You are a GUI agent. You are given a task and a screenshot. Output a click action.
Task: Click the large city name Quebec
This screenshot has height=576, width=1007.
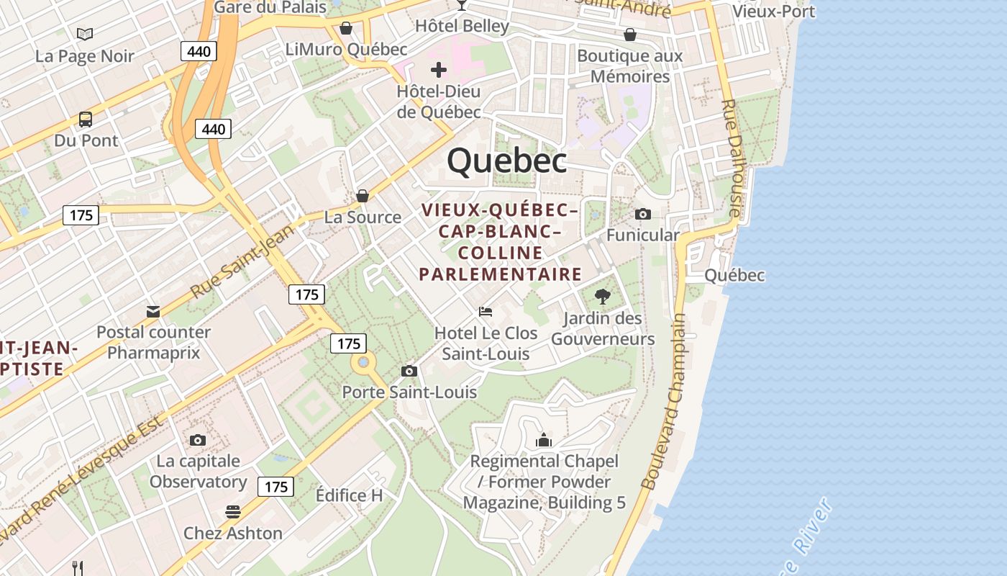click(506, 161)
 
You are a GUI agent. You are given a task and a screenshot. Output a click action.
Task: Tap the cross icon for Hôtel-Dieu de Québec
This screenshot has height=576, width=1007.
click(439, 70)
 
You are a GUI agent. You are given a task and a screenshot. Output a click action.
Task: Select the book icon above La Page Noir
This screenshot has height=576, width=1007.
click(85, 34)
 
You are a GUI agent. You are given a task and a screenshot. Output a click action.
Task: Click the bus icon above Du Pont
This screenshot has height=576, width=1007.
click(86, 119)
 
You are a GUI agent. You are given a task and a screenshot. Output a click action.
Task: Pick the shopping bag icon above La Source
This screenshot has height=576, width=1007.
click(363, 196)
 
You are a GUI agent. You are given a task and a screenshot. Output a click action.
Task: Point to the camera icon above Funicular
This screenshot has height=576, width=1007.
click(643, 214)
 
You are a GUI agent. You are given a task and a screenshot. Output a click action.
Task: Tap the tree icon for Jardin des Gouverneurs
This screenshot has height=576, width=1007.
click(603, 296)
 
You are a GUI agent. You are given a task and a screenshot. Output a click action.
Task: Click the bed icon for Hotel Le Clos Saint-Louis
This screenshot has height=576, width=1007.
click(486, 312)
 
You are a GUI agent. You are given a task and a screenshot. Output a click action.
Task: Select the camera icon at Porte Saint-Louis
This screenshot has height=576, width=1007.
click(409, 371)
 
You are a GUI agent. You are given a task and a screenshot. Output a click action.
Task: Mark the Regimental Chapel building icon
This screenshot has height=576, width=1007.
click(544, 439)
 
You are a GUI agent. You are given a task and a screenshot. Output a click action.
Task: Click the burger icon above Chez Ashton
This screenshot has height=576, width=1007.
click(232, 512)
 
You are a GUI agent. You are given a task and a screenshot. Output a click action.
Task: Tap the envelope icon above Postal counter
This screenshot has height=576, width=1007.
click(153, 312)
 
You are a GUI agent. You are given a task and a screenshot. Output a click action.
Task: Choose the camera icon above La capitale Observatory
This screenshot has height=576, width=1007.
click(198, 440)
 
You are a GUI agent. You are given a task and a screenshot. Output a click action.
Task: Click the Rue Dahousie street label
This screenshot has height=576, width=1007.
click(731, 158)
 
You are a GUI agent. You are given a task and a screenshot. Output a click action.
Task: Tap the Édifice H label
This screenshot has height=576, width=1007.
click(350, 495)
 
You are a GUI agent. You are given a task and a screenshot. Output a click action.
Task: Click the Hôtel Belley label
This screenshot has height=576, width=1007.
click(462, 26)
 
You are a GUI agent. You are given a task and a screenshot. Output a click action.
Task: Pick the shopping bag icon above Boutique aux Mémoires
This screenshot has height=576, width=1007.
click(630, 35)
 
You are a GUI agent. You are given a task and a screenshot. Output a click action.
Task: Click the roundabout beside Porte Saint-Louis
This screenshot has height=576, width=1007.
click(364, 362)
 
